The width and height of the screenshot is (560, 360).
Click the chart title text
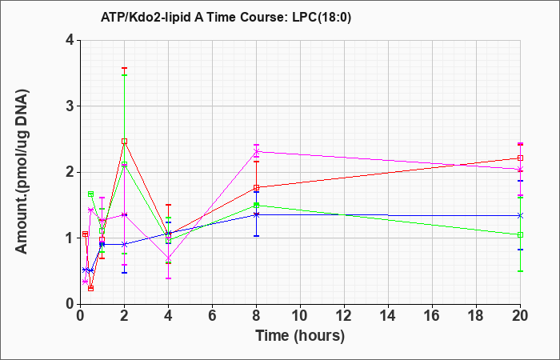pos(226,17)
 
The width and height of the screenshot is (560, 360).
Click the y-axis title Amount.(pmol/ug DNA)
pos(22,171)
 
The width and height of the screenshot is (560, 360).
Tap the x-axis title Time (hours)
pos(300,336)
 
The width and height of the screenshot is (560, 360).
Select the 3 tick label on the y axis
pos(70,106)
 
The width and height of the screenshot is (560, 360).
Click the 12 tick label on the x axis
pos(344,316)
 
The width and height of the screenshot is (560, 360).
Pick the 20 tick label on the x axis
pos(520,316)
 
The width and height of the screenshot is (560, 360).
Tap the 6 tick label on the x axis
pos(212,316)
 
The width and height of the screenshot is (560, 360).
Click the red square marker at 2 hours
pos(124,142)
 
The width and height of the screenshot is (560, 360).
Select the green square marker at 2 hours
pos(124,165)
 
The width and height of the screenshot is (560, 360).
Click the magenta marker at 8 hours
pos(256,151)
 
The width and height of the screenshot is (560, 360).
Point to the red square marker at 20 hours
pos(520,158)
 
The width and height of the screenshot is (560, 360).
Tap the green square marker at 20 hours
pos(520,234)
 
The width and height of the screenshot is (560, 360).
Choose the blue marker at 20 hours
pos(520,215)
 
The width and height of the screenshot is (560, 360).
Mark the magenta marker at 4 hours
pos(169,258)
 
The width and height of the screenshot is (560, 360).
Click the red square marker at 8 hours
pos(256,187)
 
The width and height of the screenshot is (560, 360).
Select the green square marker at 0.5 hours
pos(90,194)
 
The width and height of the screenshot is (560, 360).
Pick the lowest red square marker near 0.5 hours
pos(90,288)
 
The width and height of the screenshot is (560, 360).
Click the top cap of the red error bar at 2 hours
pos(124,68)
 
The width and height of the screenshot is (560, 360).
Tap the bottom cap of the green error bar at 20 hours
pos(520,271)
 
